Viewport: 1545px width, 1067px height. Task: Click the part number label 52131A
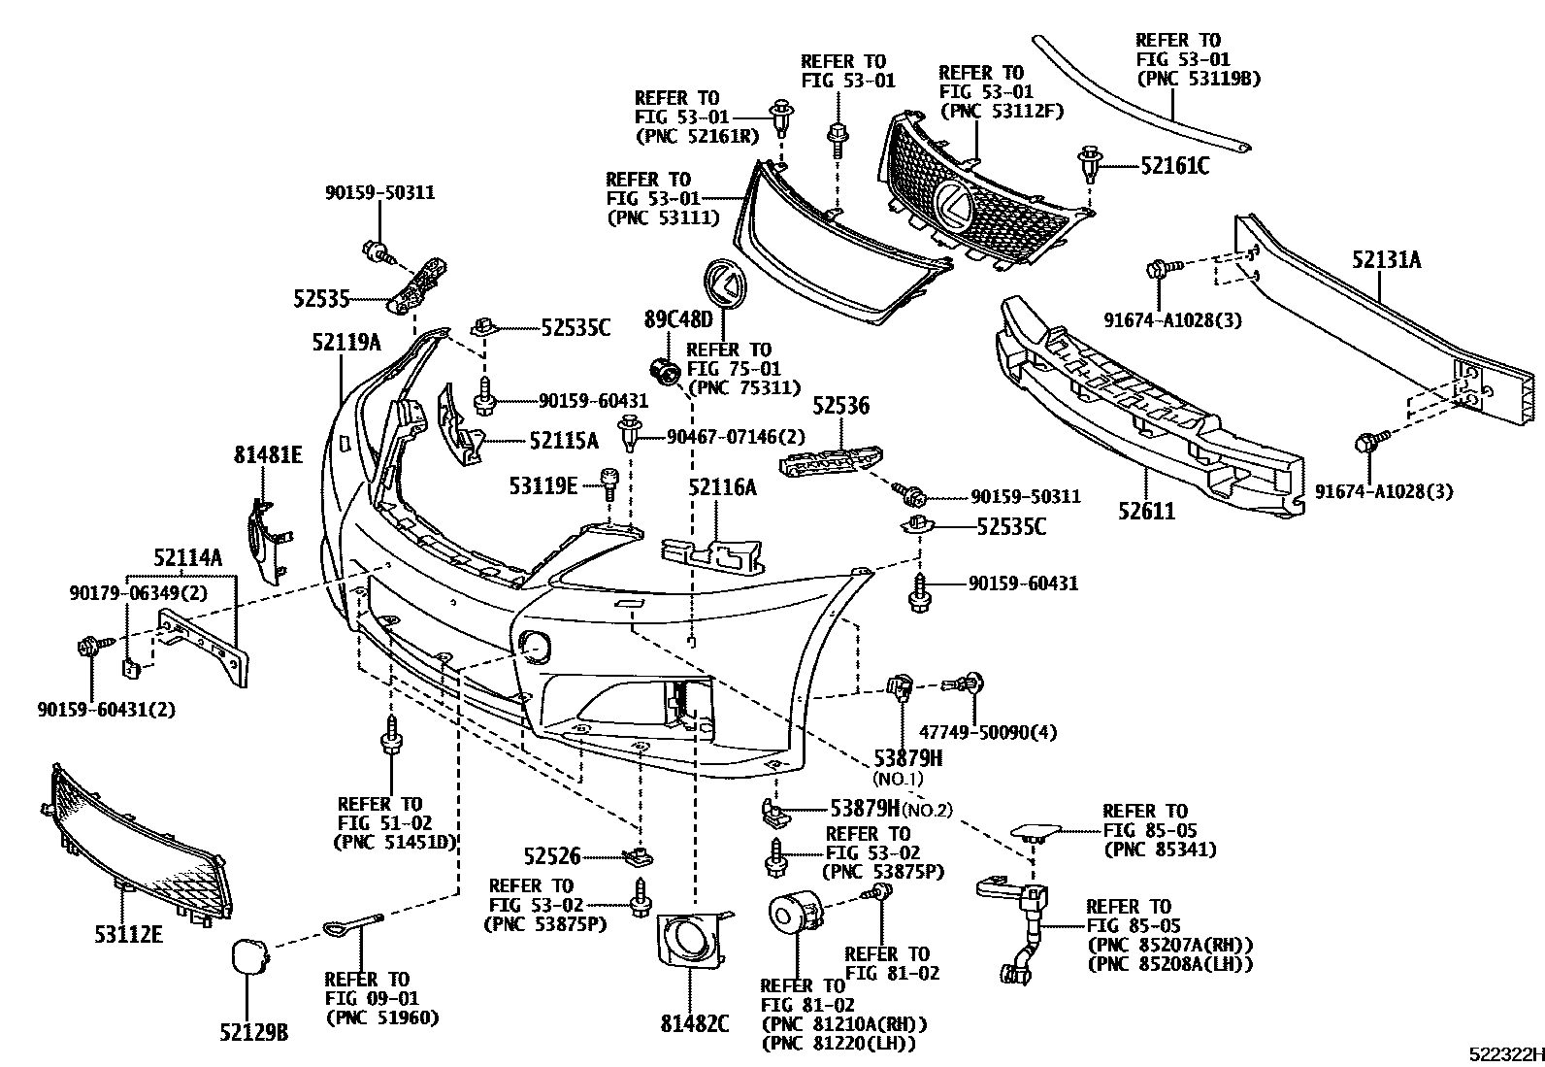1387,259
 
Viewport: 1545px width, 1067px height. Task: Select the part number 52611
1146,511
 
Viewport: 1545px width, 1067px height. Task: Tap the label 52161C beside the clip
1174,166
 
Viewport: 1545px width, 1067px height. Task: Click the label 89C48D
677,318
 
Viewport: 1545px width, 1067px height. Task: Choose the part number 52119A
346,342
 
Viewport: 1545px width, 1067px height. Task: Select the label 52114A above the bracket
187,557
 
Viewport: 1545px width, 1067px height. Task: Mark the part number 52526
551,856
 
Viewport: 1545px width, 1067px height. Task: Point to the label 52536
840,406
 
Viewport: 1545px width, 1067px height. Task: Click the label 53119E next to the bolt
543,483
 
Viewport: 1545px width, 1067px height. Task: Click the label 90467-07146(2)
736,438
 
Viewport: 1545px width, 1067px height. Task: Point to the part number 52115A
564,441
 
